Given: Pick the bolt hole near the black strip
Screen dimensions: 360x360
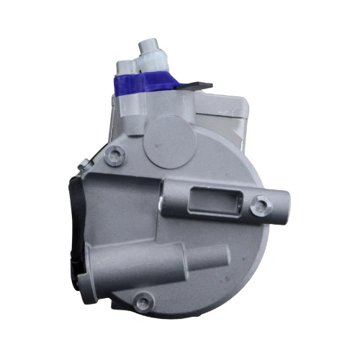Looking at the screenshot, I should click(112, 155).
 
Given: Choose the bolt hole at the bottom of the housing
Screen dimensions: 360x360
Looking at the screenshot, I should click(146, 297).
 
